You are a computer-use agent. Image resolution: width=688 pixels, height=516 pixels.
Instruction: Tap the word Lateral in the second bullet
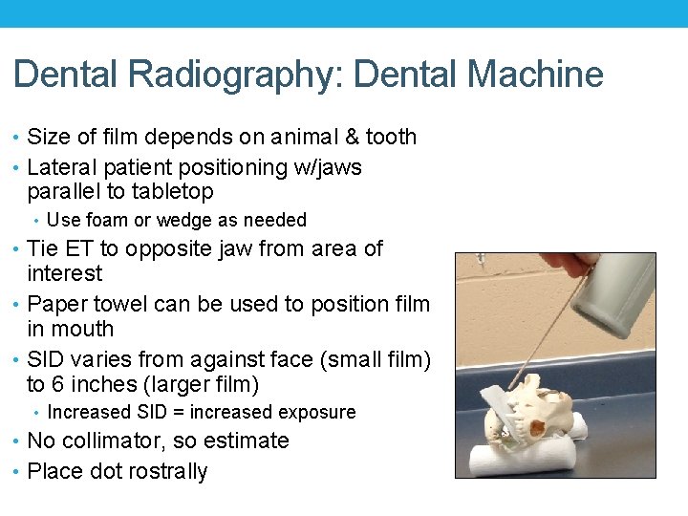click(x=65, y=167)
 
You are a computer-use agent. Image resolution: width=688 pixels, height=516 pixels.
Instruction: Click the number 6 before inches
click(x=57, y=385)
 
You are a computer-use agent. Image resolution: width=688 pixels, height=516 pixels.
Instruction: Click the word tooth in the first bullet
click(x=392, y=137)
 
